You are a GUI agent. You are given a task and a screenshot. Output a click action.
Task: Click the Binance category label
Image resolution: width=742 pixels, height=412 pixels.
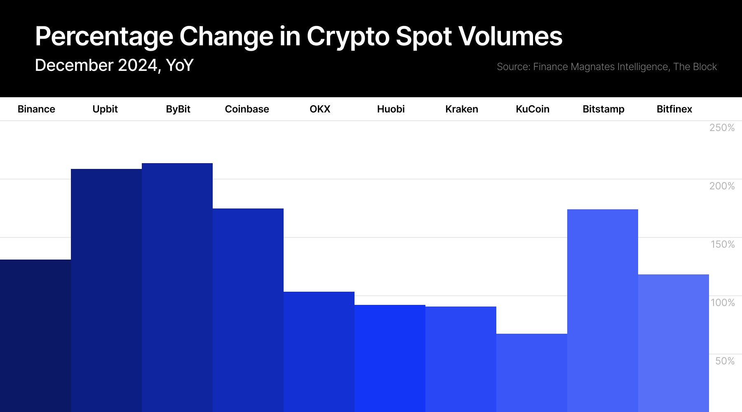click(x=36, y=109)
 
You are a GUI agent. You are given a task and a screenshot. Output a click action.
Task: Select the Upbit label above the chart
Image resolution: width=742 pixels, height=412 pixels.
click(x=105, y=109)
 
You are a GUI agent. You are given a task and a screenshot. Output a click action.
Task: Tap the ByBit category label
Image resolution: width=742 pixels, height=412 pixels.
click(x=178, y=109)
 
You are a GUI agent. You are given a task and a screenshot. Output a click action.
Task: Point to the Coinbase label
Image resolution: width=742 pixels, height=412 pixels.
click(x=247, y=109)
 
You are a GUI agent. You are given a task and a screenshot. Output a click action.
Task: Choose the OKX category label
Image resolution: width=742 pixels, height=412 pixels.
click(x=320, y=109)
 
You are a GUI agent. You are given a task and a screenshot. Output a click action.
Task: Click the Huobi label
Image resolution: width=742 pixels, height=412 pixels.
click(x=391, y=109)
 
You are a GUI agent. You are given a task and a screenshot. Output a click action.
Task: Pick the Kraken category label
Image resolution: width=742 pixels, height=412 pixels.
click(x=462, y=109)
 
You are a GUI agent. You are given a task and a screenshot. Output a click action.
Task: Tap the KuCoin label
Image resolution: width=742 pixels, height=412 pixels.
click(x=533, y=109)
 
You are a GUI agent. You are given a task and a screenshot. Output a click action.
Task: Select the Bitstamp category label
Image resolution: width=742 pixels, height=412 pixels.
click(x=603, y=109)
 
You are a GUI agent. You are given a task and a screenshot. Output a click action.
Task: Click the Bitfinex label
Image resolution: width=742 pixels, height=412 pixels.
click(x=674, y=109)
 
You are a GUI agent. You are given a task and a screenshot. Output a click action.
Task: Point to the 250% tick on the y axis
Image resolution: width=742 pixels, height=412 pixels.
click(x=722, y=128)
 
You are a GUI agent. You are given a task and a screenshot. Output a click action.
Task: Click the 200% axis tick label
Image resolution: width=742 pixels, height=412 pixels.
click(x=722, y=186)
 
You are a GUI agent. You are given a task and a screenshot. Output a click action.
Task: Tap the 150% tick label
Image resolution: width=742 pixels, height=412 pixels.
click(x=723, y=244)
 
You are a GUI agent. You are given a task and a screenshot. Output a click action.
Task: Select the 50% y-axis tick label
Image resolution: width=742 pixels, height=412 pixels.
click(x=725, y=361)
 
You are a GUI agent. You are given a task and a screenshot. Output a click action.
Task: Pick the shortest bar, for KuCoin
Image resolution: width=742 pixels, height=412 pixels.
click(x=532, y=373)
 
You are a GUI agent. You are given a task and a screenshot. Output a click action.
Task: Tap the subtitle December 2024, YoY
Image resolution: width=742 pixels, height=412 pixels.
click(x=114, y=66)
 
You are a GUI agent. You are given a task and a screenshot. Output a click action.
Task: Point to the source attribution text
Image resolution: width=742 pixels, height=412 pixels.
click(x=607, y=67)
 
